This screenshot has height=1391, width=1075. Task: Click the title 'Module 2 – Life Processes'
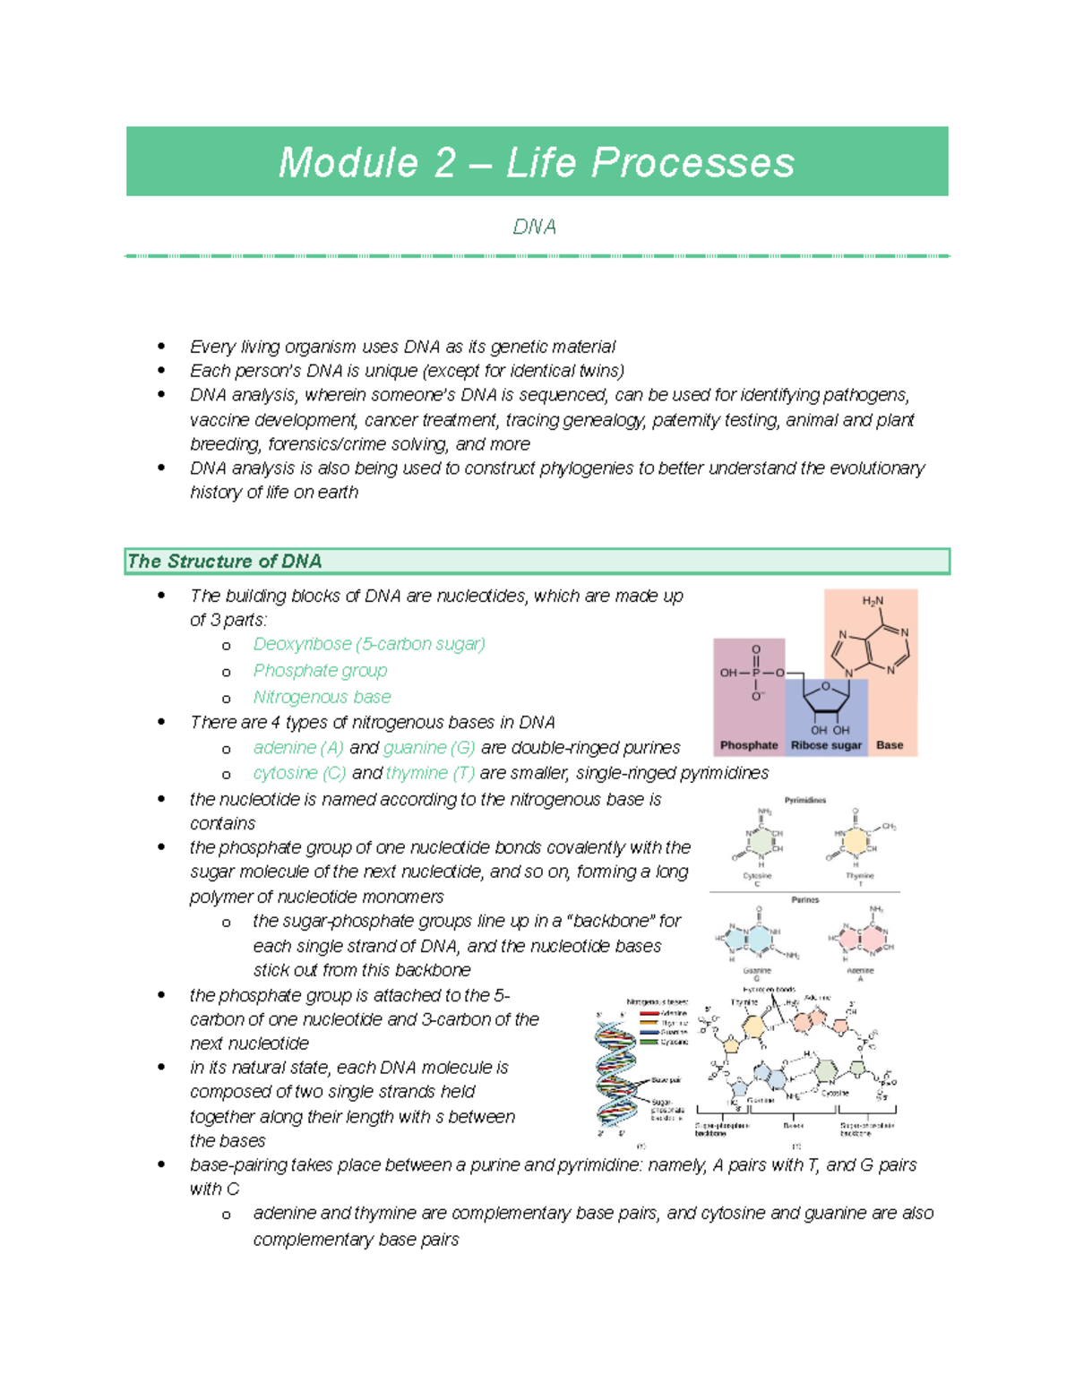[536, 163]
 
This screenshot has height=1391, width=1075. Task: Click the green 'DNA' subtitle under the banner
[535, 228]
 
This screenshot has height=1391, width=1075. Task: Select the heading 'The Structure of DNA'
[224, 562]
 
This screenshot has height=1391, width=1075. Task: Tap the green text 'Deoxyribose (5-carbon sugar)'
[368, 644]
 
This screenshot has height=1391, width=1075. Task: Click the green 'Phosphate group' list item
[320, 671]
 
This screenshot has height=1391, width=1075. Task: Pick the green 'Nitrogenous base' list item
[322, 697]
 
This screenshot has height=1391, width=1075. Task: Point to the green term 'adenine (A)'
[298, 748]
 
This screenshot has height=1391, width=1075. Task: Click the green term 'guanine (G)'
[428, 748]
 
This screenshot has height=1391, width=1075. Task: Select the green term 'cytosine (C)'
[299, 773]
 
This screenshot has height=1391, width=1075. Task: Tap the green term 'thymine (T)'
[430, 773]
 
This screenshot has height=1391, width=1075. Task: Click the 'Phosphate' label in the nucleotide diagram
[749, 745]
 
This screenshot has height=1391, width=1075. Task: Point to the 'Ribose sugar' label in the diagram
[826, 745]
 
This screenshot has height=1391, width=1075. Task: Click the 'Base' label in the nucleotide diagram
[890, 745]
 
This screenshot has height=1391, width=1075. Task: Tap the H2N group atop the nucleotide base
[873, 601]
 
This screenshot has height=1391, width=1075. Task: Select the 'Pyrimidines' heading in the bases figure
[805, 800]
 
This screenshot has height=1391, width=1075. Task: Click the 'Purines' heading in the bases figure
[805, 899]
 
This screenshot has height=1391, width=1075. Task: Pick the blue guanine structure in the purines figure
[752, 939]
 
